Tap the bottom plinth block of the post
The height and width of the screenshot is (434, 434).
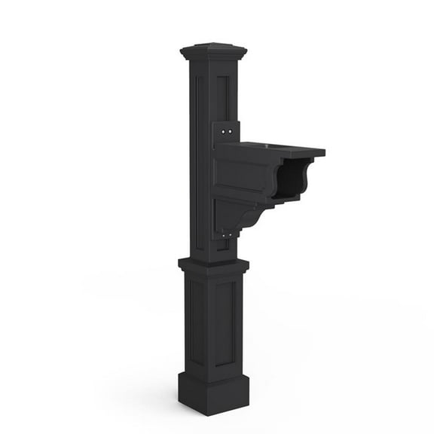click(213, 392)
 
